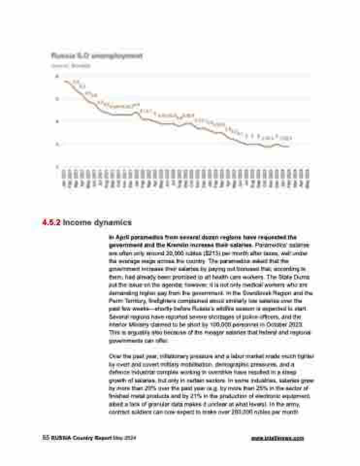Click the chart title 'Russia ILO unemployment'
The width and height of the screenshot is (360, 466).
coord(97,56)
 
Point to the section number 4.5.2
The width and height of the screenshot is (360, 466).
coord(50,223)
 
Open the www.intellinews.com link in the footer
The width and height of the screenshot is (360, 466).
coord(278,438)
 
